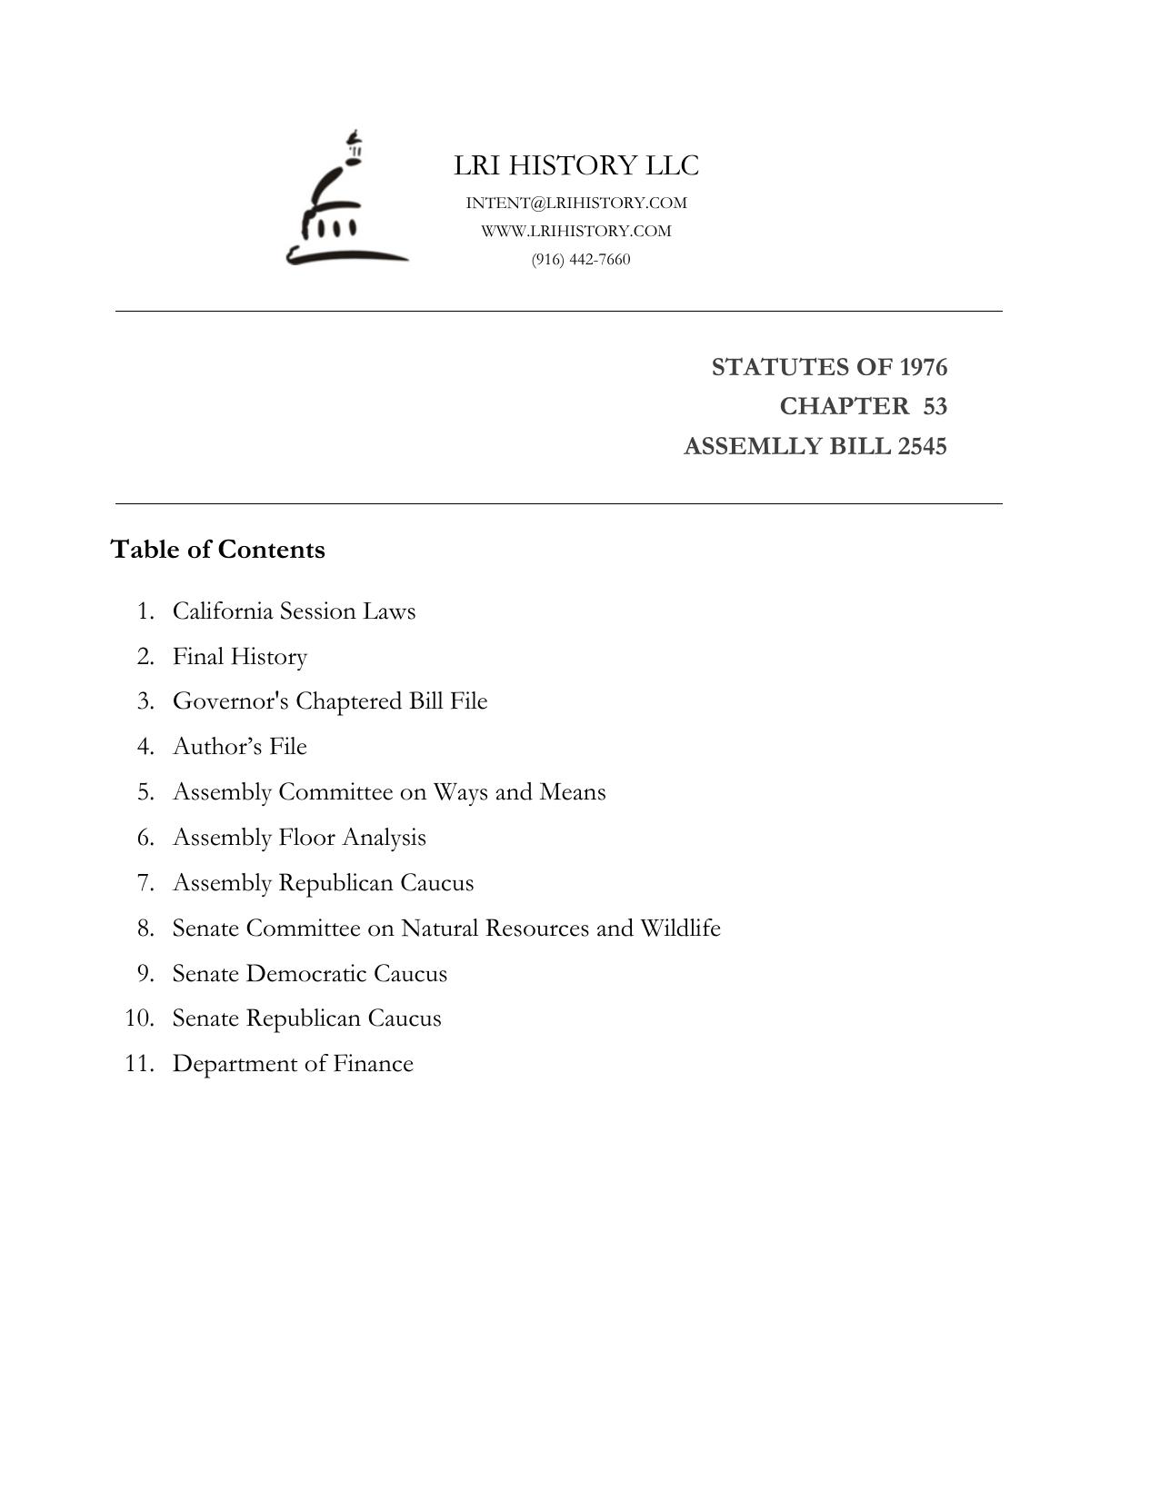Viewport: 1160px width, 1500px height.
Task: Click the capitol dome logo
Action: pyautogui.click(x=346, y=200)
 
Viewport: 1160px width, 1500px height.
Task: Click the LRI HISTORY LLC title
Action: pyautogui.click(x=576, y=165)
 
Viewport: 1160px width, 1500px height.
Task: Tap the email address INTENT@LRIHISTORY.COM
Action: pyautogui.click(x=576, y=203)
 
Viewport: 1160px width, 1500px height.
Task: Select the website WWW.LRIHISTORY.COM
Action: pyautogui.click(x=576, y=231)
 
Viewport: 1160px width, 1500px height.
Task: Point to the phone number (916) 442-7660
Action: pyautogui.click(x=581, y=260)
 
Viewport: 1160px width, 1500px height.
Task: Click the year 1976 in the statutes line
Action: pyautogui.click(x=923, y=367)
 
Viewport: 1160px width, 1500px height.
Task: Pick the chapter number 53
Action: pyautogui.click(x=935, y=406)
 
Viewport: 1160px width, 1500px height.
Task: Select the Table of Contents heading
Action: pyautogui.click(x=217, y=550)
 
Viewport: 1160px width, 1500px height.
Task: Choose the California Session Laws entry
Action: pyautogui.click(x=294, y=611)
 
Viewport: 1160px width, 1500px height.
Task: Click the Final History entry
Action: pyautogui.click(x=240, y=656)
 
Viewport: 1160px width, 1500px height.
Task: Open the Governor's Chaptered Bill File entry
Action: pyautogui.click(x=330, y=701)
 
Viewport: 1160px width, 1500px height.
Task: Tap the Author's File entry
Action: pyautogui.click(x=240, y=747)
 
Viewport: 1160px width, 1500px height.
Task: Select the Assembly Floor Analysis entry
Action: pyautogui.click(x=299, y=838)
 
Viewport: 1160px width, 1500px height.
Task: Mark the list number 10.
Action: pyautogui.click(x=139, y=1018)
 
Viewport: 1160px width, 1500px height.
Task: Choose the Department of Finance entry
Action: pyautogui.click(x=293, y=1064)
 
